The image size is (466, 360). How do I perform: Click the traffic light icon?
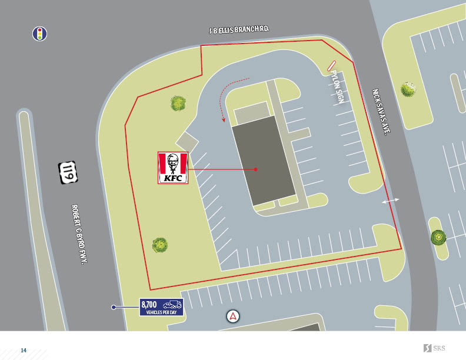[x=39, y=34]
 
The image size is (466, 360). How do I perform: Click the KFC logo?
[x=173, y=168]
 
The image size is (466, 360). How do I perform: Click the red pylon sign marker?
[x=331, y=65]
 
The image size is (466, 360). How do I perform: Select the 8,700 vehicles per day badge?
[x=161, y=307]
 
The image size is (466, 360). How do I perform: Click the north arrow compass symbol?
[x=234, y=316]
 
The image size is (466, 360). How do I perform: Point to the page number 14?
[x=24, y=351]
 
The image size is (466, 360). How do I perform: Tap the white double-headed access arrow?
[x=391, y=201]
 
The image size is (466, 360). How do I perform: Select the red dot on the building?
[x=256, y=169]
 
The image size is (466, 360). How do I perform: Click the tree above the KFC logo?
[x=179, y=104]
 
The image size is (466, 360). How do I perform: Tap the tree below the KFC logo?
[x=160, y=245]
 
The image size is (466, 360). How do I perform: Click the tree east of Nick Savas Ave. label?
[x=408, y=89]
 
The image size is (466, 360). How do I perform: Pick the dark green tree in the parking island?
[x=438, y=237]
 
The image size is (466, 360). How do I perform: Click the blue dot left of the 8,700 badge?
[x=114, y=307]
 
